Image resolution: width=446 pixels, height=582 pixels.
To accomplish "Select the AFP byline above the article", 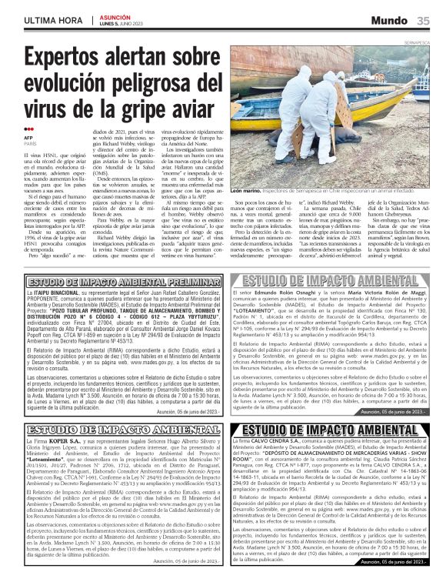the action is [28, 138].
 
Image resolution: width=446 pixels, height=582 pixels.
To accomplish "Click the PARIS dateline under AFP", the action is [30, 144].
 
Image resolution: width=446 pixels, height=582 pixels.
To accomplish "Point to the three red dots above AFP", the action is [28, 129].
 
